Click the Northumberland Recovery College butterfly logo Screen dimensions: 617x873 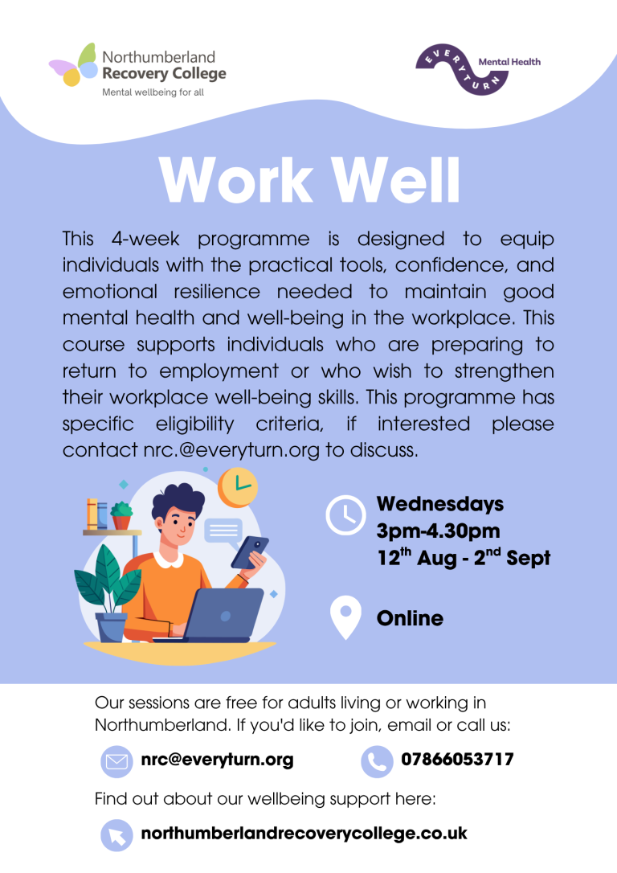click(x=73, y=65)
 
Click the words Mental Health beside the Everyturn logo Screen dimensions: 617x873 click(x=509, y=62)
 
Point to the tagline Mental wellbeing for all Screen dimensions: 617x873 click(x=153, y=92)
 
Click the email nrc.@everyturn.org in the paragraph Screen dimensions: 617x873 click(x=231, y=450)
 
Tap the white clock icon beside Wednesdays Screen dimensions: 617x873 click(x=345, y=515)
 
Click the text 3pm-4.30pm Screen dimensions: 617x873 click(x=438, y=531)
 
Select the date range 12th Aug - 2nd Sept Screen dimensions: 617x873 click(x=464, y=557)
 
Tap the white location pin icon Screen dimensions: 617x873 click(x=345, y=617)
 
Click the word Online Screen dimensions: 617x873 click(x=410, y=618)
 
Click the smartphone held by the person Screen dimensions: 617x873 click(x=250, y=552)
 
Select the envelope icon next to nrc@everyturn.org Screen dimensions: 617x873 click(x=116, y=761)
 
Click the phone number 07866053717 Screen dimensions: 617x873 click(x=457, y=760)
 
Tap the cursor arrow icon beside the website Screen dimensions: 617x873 click(x=116, y=835)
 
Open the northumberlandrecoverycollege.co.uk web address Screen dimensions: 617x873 click(x=304, y=834)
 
